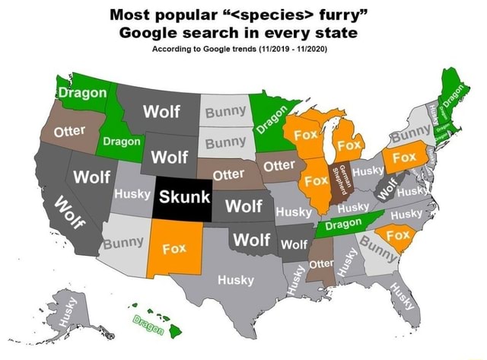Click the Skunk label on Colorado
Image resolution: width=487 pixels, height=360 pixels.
tap(183, 196)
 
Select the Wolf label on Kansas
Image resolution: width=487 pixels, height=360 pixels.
tap(244, 205)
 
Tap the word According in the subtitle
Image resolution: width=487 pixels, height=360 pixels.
tap(180, 49)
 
